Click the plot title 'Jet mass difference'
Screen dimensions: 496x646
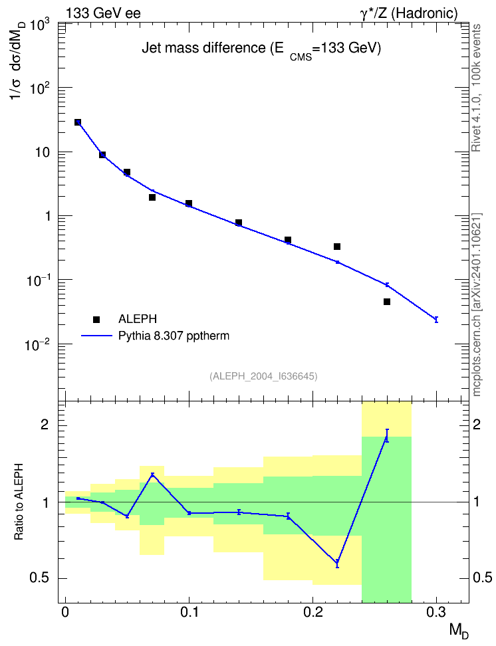tap(203, 49)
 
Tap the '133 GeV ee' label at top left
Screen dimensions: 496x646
tap(103, 13)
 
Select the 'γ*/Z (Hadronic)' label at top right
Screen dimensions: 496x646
tap(409, 13)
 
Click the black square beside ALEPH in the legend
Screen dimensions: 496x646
tap(96, 319)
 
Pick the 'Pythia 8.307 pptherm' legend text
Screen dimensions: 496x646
tap(174, 336)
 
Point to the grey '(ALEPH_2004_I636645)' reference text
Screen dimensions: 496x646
tap(263, 376)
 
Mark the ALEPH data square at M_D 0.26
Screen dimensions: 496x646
tap(387, 302)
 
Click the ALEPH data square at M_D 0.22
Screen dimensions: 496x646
tap(337, 247)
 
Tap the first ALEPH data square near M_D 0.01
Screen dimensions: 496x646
tap(78, 122)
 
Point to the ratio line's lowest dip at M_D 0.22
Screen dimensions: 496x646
tap(337, 562)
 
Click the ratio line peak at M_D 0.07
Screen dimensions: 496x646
tap(152, 475)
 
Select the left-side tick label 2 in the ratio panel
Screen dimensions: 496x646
tap(44, 424)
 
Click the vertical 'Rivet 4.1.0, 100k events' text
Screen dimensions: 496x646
tap(476, 88)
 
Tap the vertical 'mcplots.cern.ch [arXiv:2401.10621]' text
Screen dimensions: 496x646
tap(477, 305)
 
